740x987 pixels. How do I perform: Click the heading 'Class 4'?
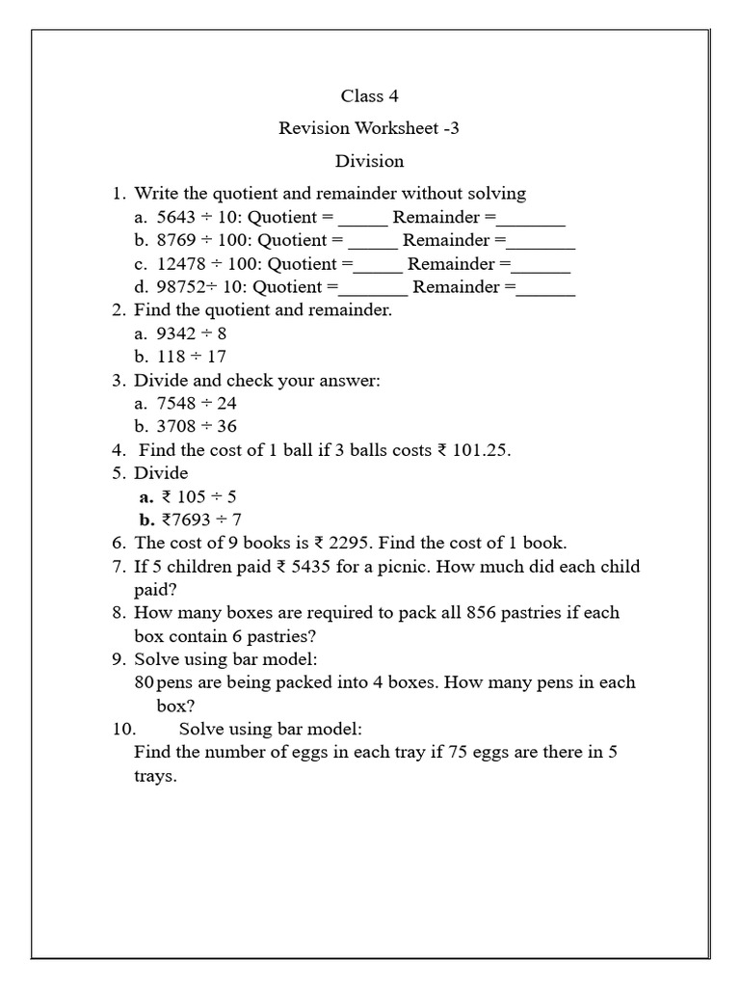pos(369,95)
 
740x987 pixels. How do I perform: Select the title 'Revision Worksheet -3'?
pos(369,128)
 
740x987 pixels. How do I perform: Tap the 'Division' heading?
pos(369,161)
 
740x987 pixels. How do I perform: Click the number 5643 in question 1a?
pos(175,217)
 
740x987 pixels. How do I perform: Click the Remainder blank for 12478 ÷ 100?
pos(542,264)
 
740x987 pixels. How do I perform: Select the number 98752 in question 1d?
pos(180,287)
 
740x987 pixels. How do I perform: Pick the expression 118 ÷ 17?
pos(192,357)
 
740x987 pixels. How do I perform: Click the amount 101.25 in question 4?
pos(479,450)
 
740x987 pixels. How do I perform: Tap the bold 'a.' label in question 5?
pos(146,497)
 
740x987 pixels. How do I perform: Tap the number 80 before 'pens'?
pos(144,682)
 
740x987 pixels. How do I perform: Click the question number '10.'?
pos(126,730)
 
